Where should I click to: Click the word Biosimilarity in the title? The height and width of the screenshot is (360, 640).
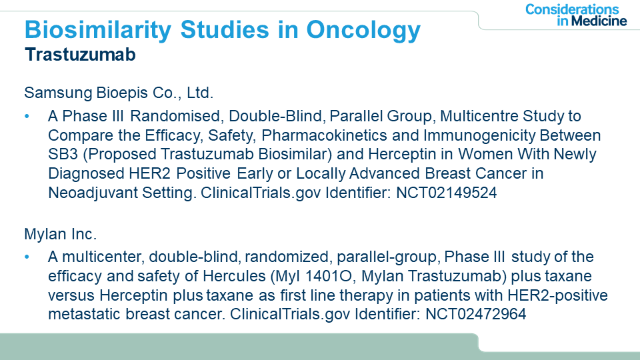click(98, 30)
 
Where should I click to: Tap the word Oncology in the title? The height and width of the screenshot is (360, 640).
click(363, 30)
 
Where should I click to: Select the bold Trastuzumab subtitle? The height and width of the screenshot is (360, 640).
click(80, 54)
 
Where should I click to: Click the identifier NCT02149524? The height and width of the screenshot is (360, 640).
click(447, 192)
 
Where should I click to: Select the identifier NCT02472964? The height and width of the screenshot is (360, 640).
click(476, 314)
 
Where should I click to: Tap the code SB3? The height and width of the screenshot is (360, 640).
click(63, 154)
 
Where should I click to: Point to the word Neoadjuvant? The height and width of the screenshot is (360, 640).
click(93, 192)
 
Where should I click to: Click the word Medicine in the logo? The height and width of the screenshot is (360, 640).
click(599, 21)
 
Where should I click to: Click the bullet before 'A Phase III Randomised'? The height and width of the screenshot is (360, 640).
click(27, 116)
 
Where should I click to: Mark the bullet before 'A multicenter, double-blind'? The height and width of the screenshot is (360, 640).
click(27, 257)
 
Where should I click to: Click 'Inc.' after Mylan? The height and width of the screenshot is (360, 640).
click(84, 234)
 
